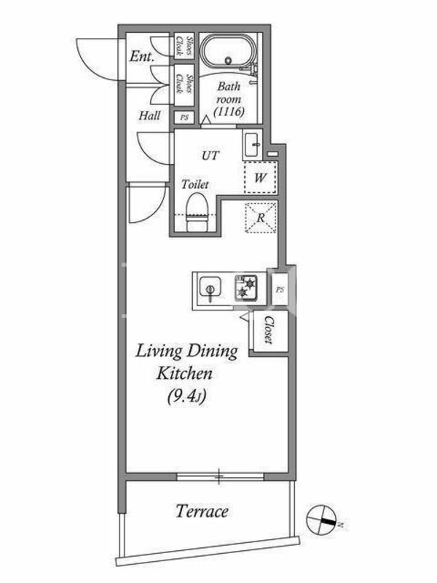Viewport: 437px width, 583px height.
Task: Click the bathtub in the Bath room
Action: (228, 52)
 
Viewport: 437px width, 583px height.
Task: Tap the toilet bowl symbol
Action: (197, 213)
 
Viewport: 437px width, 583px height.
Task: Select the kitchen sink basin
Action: (210, 287)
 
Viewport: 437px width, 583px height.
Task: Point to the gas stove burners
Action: (246, 287)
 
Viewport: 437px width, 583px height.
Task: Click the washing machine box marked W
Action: (260, 178)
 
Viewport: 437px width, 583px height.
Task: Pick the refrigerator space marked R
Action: (261, 217)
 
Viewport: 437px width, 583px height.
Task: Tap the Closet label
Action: (269, 330)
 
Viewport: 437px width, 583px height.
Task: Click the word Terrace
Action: (202, 512)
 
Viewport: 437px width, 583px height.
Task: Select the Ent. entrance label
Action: (141, 57)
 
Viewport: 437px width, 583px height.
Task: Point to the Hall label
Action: (150, 115)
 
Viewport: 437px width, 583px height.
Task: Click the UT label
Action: (210, 155)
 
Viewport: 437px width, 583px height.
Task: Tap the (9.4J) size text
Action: (186, 396)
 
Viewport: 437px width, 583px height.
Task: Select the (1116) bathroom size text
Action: (229, 111)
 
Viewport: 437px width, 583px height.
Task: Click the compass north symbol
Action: (321, 520)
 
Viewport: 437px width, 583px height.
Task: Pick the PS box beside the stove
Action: (280, 289)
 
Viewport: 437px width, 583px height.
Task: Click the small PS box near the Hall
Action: (184, 118)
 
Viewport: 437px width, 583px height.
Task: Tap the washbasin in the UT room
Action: (253, 144)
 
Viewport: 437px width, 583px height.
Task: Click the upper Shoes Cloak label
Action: (184, 45)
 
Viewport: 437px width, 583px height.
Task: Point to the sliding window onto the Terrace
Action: (220, 477)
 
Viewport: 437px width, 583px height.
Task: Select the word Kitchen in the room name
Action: (184, 374)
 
